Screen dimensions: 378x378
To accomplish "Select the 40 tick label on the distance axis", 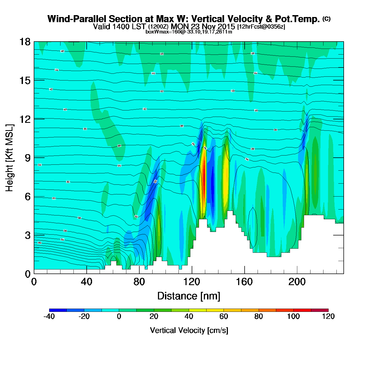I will (x=86, y=282).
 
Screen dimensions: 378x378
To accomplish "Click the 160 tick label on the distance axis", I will (x=244, y=282).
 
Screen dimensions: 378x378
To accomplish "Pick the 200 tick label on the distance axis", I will (x=297, y=282).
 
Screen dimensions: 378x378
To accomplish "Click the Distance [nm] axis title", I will (x=189, y=296).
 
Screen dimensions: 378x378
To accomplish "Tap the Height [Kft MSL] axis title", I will (x=9, y=158).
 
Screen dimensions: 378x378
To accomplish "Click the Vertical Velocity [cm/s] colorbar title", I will (x=189, y=330).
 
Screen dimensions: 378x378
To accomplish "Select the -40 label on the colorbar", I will (x=49, y=316).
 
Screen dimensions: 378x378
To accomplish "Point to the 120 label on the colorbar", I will (x=328, y=316).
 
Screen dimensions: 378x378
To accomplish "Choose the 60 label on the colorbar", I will (x=224, y=316).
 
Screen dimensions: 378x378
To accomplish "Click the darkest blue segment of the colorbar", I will (x=58, y=310).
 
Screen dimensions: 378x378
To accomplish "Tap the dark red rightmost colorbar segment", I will (x=320, y=310).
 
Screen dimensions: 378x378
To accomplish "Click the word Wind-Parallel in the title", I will (x=77, y=19).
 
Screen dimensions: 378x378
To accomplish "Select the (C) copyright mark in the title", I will (x=326, y=19).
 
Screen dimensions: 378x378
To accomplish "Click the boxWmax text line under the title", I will (x=189, y=32).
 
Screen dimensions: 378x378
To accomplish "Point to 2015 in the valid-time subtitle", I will (x=226, y=26).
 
